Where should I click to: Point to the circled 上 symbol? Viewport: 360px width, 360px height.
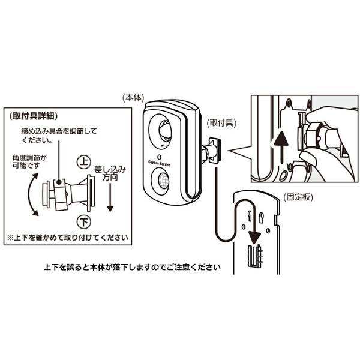click(x=84, y=162)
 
